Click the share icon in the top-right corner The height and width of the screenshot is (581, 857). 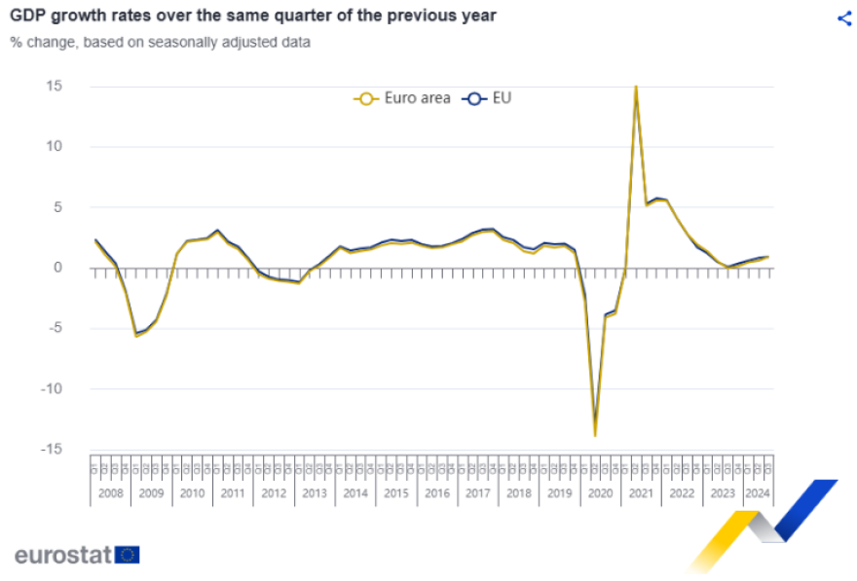(843, 18)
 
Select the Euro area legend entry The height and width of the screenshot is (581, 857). (404, 98)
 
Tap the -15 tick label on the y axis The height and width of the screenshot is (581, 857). (51, 449)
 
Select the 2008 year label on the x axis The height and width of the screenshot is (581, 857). (110, 493)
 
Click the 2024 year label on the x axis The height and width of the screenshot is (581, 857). (756, 493)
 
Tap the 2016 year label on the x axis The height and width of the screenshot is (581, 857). (436, 493)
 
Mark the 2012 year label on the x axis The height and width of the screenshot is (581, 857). (274, 493)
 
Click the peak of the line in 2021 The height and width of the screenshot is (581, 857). (636, 88)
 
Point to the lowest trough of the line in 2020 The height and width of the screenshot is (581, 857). (595, 434)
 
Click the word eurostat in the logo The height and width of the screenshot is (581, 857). (62, 555)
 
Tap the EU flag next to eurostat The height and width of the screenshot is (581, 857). (128, 555)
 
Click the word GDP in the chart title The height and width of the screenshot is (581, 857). (28, 16)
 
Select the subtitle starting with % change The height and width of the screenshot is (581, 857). (161, 42)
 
